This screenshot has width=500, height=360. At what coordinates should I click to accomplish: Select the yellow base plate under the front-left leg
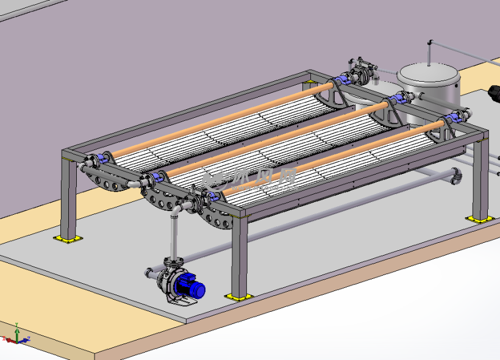(x=68, y=239)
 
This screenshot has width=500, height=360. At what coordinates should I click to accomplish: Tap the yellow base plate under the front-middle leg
(x=238, y=297)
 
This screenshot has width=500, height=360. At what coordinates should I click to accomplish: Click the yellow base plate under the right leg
(x=477, y=218)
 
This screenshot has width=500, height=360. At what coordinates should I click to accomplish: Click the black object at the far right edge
(x=494, y=94)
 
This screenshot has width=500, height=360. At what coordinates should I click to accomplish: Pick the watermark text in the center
(x=250, y=178)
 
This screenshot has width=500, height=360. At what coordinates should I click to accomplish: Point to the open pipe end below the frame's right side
(x=455, y=178)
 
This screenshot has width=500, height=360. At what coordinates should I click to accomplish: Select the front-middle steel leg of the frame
(x=240, y=256)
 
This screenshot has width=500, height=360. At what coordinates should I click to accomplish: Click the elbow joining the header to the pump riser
(x=176, y=211)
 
